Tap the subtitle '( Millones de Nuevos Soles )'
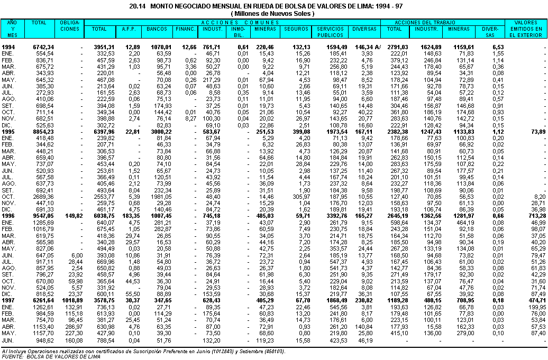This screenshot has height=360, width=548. pos(273,13)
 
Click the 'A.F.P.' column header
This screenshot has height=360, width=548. pos(130,29)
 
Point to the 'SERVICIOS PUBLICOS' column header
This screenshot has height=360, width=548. pos(330,32)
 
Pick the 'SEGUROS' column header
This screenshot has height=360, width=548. pos(296,29)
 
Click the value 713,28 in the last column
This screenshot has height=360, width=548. pos(534,216)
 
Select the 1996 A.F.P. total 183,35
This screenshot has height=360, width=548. pos(130,216)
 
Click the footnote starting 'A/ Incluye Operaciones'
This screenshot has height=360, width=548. pos(143,350)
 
